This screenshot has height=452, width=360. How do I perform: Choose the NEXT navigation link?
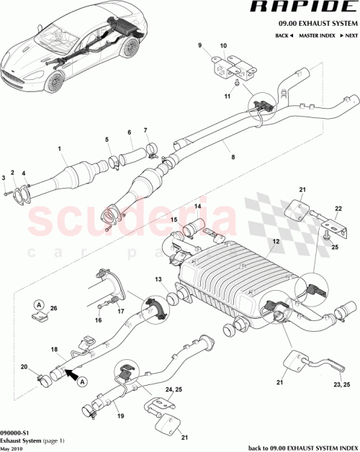point(349,35)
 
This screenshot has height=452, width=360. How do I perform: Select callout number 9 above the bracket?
point(200,45)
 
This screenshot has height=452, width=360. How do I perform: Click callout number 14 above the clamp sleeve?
point(196,207)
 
